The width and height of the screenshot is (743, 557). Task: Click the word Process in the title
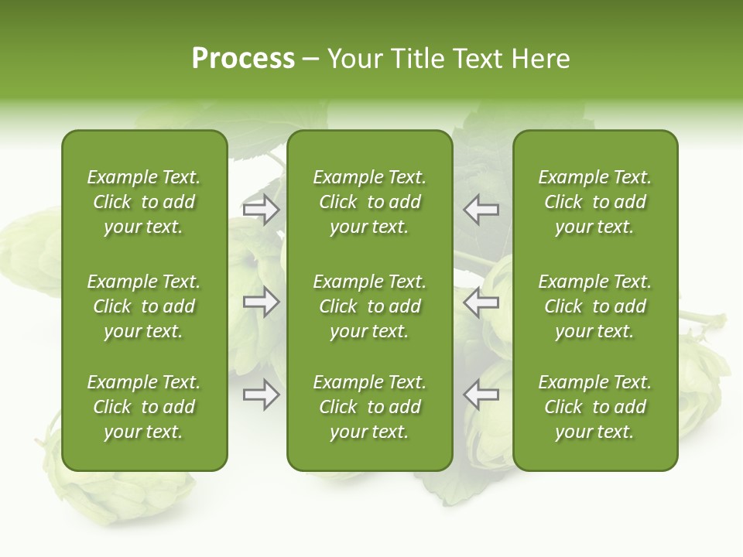tap(243, 59)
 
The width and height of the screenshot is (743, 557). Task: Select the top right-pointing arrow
tap(262, 210)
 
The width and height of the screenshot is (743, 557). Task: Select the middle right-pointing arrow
tap(262, 302)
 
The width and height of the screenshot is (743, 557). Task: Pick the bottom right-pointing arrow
tap(262, 395)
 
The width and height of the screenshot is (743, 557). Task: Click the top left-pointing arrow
tap(481, 210)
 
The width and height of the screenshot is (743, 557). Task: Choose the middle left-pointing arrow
tap(481, 302)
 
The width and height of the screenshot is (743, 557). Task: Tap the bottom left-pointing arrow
tap(481, 395)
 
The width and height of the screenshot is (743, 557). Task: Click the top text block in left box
tap(144, 202)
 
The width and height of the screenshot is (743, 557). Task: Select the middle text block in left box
tap(144, 306)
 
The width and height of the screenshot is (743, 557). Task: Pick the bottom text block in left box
tap(144, 407)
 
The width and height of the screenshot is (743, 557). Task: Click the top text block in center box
tap(370, 202)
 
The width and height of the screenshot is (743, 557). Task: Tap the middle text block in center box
tap(370, 306)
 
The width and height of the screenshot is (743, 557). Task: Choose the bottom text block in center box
tap(370, 407)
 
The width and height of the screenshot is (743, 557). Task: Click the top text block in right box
tap(595, 202)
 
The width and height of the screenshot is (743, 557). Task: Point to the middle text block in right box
tap(595, 306)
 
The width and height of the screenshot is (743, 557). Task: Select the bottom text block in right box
tap(595, 407)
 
